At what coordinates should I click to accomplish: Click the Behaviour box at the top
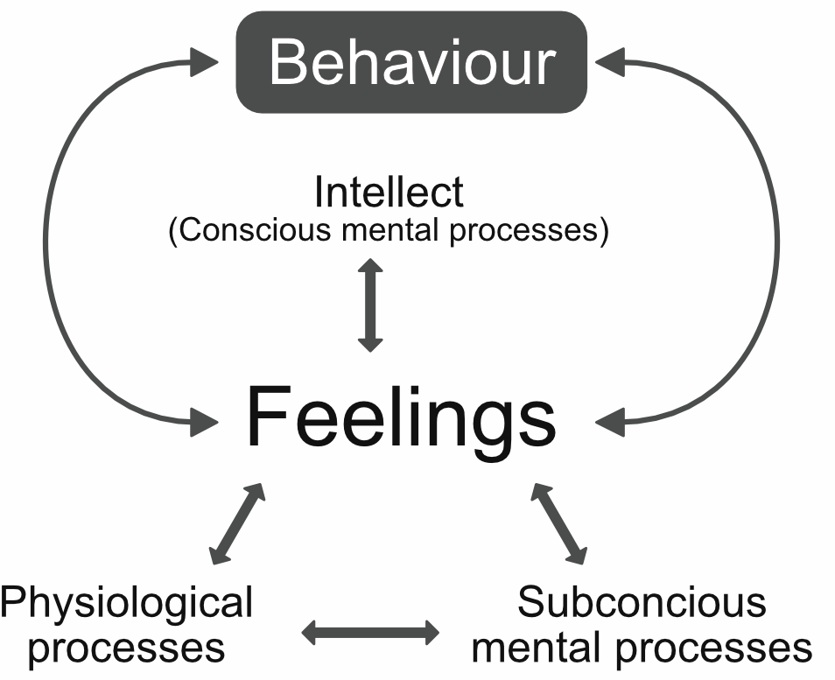point(411,61)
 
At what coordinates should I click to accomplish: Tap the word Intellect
point(389,192)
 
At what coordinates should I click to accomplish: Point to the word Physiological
point(127,603)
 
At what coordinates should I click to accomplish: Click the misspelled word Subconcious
point(642,603)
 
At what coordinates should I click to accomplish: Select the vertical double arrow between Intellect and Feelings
point(371,305)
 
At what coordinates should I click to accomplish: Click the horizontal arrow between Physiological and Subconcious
point(370,632)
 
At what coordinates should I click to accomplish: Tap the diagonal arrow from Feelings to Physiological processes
point(237,522)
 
